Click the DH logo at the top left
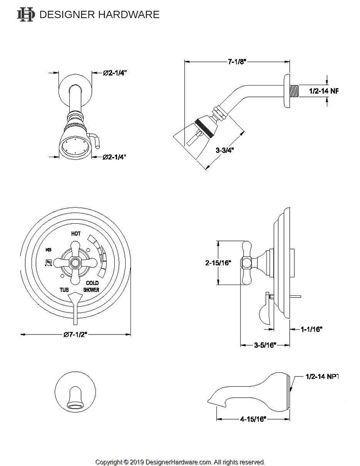coord(25,14)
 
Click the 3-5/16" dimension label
coord(262,345)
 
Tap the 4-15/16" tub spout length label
coord(252,418)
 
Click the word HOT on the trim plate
coord(76,234)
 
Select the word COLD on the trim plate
coord(92,283)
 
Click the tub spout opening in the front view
coord(75,407)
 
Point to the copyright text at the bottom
coord(180,462)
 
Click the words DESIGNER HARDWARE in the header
coord(99,14)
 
